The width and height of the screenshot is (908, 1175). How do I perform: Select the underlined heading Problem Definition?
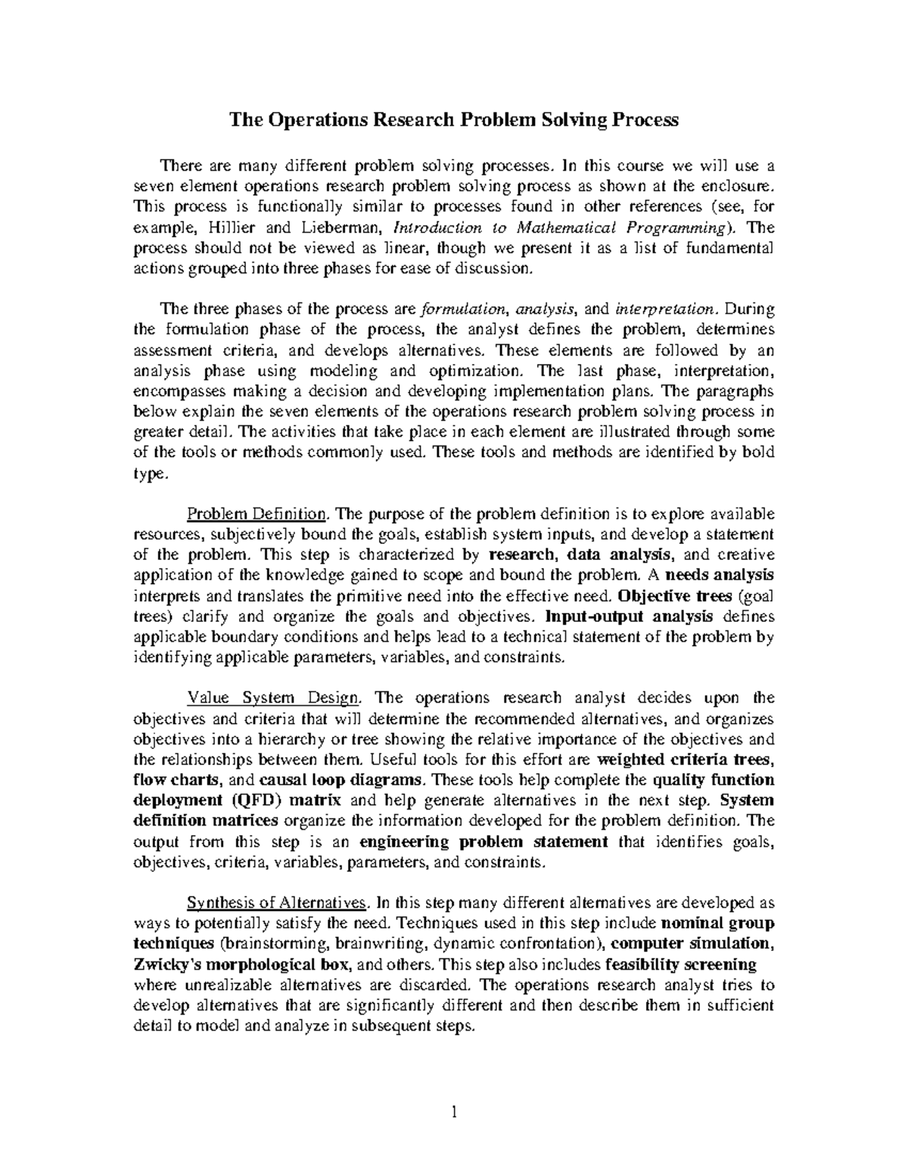click(x=257, y=514)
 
